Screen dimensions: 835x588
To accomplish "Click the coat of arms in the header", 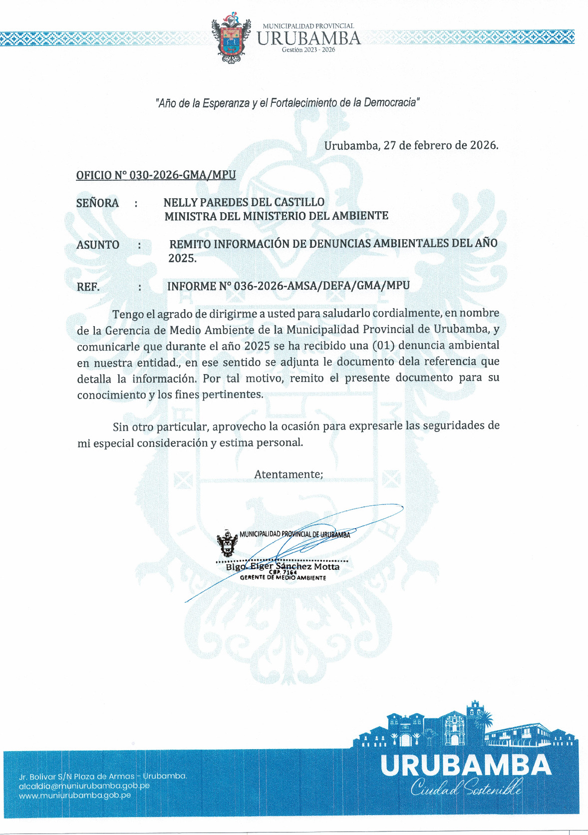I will [x=231, y=40].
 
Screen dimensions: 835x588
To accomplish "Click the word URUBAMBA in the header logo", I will [x=308, y=38].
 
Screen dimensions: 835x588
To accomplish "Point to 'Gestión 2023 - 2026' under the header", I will [x=308, y=50].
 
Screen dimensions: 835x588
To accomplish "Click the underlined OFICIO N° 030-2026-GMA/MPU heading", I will [x=156, y=175].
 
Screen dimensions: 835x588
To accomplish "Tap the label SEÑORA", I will [x=97, y=203].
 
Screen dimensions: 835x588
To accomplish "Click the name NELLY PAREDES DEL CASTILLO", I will [x=244, y=202].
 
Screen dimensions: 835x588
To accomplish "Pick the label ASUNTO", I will [x=98, y=245].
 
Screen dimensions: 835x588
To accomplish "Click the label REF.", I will [x=88, y=287].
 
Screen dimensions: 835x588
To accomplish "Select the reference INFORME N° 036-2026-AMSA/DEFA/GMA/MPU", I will [x=289, y=286].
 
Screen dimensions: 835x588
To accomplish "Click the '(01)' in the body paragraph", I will [x=384, y=346].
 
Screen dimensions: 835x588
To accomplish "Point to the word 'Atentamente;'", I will [x=289, y=474].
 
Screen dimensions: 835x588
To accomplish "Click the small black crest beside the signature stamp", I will [x=227, y=543].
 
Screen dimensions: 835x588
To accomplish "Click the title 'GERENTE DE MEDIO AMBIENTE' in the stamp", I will [x=283, y=578].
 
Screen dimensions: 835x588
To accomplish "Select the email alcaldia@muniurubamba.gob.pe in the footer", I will [x=84, y=786].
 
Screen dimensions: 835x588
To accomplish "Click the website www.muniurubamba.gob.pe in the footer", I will [x=75, y=795].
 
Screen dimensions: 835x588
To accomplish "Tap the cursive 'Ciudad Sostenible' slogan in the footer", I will [x=466, y=789].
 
